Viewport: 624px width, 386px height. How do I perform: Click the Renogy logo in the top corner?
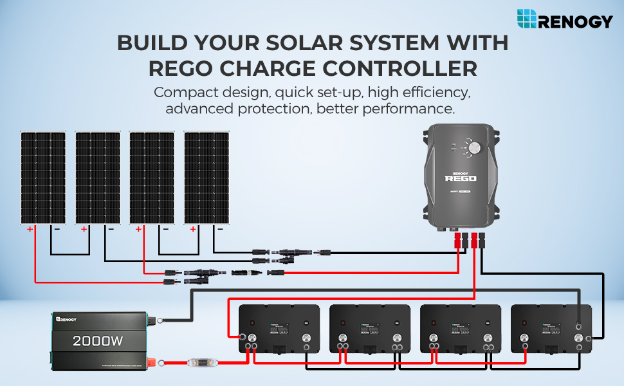564,19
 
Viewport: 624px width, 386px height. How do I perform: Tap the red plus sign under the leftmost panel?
30,229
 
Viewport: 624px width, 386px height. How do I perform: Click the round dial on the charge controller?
475,148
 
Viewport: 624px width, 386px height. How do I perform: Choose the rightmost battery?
551,331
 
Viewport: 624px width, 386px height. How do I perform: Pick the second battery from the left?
370,331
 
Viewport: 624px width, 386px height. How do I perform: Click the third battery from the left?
460,331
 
